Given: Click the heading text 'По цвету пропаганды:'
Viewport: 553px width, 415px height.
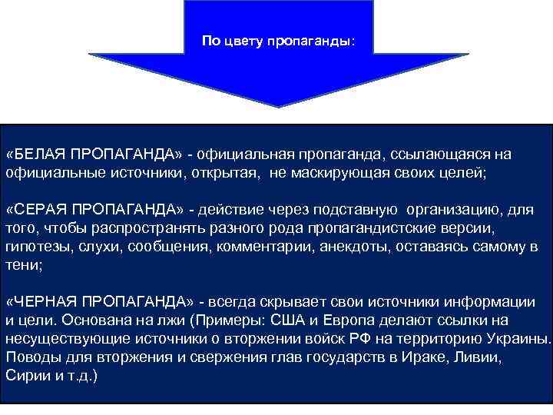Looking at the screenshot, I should [x=278, y=40].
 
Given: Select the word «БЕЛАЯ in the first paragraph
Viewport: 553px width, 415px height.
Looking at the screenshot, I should [x=34, y=154].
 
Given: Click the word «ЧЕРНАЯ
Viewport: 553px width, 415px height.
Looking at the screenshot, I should [x=39, y=301].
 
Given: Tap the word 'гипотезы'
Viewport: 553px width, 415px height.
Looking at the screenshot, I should [x=31, y=247].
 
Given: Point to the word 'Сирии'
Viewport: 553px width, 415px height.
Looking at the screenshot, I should [x=25, y=376].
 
